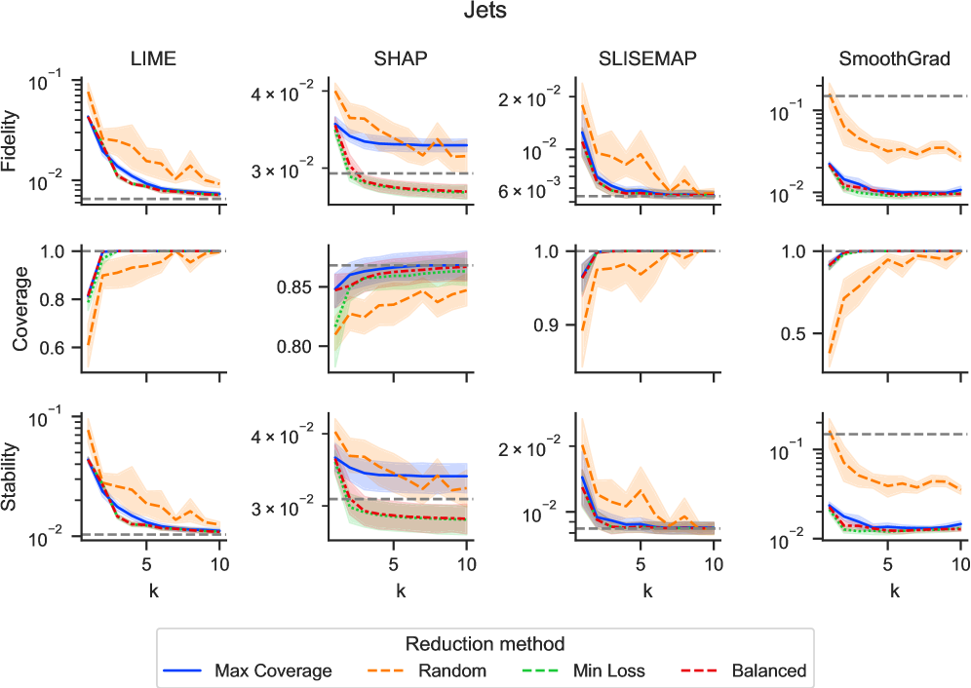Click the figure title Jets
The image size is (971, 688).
tap(485, 14)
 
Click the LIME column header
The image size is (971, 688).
tap(153, 59)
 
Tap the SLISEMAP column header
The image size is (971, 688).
tap(646, 59)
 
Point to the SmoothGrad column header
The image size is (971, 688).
tap(894, 59)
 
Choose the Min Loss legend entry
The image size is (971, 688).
tap(610, 670)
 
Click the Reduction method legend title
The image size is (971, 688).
tap(485, 644)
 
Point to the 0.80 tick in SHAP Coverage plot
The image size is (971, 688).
tap(305, 347)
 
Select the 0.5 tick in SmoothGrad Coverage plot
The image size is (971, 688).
tap(802, 333)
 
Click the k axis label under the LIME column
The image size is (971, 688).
tap(153, 589)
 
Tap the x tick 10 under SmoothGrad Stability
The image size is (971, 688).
tap(959, 563)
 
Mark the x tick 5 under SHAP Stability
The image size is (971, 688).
tap(394, 563)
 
